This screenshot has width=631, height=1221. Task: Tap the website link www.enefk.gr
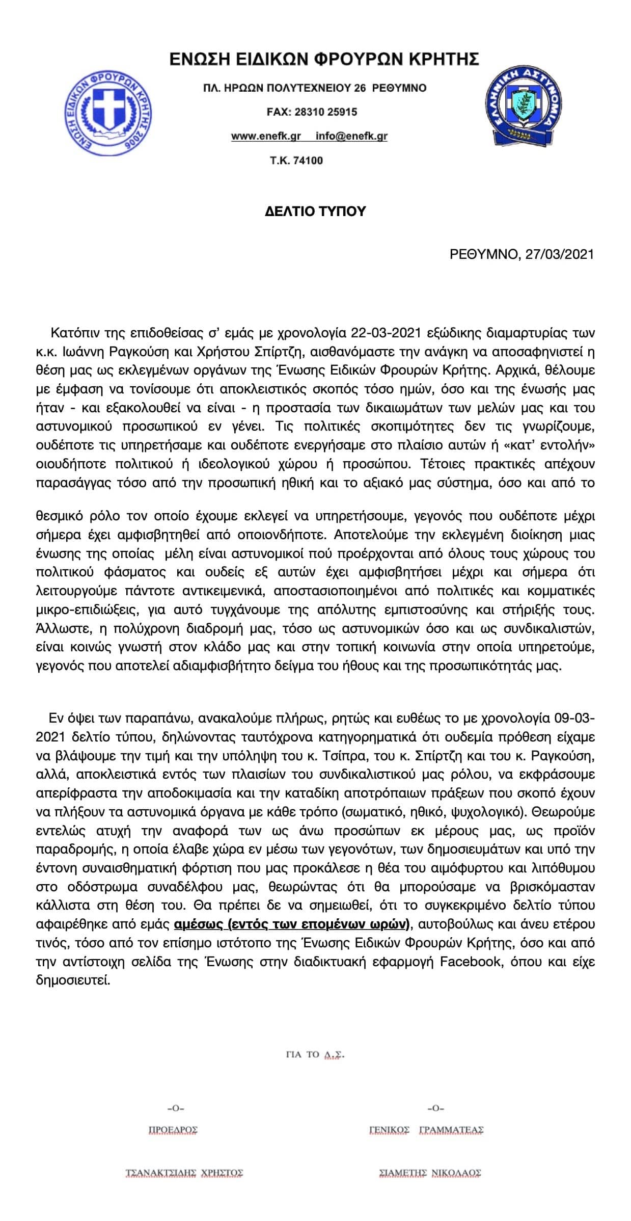(266, 136)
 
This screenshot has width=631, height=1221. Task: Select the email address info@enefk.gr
(351, 136)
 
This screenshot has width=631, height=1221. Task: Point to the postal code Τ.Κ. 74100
(296, 161)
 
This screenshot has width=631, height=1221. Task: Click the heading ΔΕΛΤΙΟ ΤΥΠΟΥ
(315, 211)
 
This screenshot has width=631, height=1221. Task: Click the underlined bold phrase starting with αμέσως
(293, 924)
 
